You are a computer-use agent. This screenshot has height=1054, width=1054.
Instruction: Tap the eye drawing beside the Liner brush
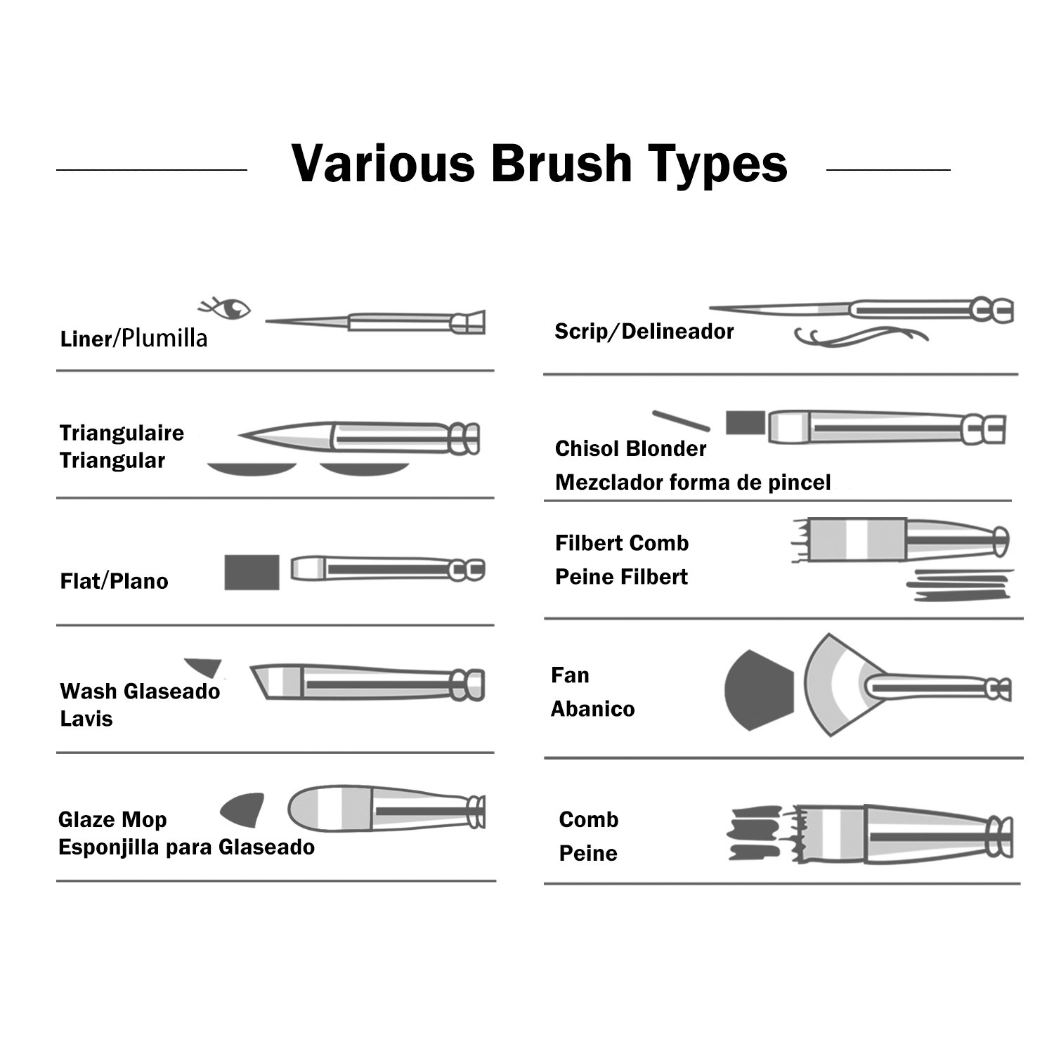pos(226,308)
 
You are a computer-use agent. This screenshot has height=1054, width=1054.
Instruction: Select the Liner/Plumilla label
pos(134,339)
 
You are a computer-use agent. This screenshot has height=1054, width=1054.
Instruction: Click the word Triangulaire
pos(122,433)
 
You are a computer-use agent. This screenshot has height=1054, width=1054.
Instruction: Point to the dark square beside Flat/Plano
pos(252,572)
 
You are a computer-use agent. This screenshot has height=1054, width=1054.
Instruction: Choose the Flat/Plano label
pos(115,581)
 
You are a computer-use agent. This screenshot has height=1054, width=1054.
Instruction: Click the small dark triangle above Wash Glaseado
pos(204,666)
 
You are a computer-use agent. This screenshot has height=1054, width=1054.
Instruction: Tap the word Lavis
pos(86,719)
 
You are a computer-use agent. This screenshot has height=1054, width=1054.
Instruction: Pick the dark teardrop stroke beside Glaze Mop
pos(244,809)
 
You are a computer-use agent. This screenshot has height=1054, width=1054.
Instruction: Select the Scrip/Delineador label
pos(644,332)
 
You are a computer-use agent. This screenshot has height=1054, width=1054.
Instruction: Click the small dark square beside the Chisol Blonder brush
pos(745,423)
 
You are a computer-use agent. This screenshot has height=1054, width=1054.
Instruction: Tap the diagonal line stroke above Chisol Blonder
pos(680,420)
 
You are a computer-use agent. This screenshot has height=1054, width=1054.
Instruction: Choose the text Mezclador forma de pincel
pos(693,483)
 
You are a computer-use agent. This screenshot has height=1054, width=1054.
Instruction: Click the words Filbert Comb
pos(622,543)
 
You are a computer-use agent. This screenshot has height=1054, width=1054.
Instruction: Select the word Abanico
pos(592,709)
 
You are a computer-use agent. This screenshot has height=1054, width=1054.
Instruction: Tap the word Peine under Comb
pos(588,853)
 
